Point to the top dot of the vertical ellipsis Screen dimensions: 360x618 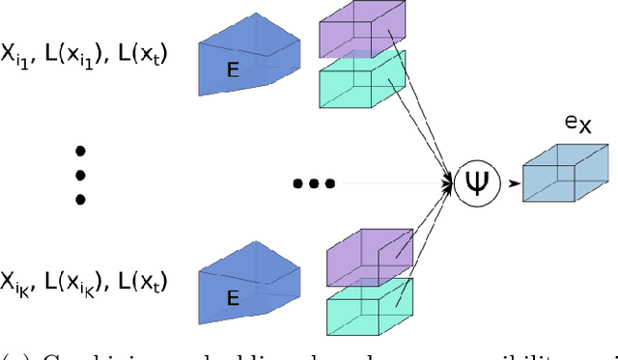[81, 151]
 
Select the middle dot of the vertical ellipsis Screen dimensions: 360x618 [81, 175]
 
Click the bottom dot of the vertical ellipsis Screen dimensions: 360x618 [81, 199]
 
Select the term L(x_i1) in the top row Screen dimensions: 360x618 [88, 56]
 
